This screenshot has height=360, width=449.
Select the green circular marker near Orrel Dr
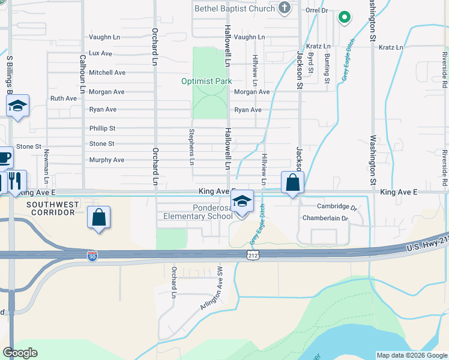point(344,17)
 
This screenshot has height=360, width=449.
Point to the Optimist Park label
point(206,81)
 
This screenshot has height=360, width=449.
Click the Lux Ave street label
point(100,53)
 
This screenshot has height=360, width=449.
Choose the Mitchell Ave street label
point(107,73)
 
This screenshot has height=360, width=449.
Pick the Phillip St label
point(102,128)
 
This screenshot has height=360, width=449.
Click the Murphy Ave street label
point(106,160)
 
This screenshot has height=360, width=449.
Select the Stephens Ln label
point(192,146)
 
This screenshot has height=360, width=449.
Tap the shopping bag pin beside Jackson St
point(292,182)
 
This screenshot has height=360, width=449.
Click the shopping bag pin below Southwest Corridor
point(99,217)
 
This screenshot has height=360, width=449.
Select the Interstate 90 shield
point(92,256)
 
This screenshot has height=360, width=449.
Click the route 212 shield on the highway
point(253,256)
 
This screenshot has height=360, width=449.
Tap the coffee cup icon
point(4,158)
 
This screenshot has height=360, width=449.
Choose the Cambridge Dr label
point(337,206)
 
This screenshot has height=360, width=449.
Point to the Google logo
point(20,353)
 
